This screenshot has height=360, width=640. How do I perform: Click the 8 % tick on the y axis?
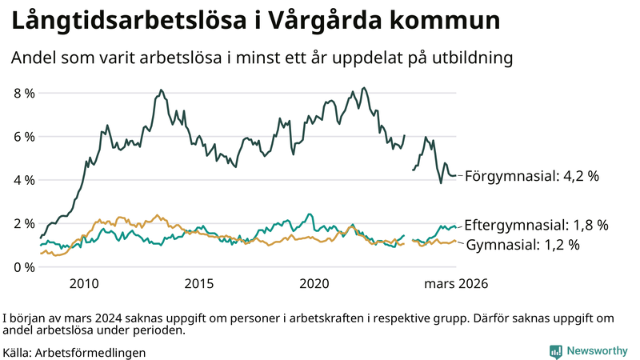[23, 93]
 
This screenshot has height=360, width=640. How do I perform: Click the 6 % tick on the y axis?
[23, 137]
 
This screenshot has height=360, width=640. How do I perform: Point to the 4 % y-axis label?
[23, 180]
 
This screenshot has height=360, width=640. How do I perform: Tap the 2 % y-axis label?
[23, 223]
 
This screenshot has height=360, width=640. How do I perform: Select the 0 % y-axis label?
[23, 266]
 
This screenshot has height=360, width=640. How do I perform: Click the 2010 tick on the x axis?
[84, 283]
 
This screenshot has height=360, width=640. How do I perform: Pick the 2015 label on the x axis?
[199, 283]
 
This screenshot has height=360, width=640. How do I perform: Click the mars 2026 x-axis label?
[456, 283]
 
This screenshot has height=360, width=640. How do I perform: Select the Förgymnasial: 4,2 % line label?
[531, 175]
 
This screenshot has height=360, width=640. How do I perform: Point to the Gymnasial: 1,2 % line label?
[522, 244]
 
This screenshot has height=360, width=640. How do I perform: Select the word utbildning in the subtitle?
[473, 58]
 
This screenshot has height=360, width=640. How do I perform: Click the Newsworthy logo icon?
[555, 351]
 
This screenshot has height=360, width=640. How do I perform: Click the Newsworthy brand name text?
[597, 351]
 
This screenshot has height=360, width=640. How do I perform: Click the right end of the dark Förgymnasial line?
[455, 175]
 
